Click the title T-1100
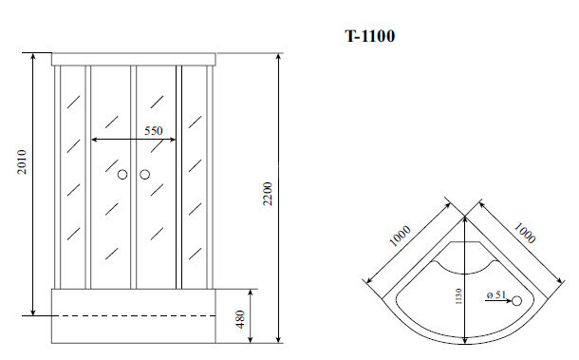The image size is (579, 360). click(x=369, y=37)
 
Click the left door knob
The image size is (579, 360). click(x=121, y=175)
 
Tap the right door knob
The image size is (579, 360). click(x=145, y=175)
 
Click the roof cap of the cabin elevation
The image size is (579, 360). click(x=134, y=58)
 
